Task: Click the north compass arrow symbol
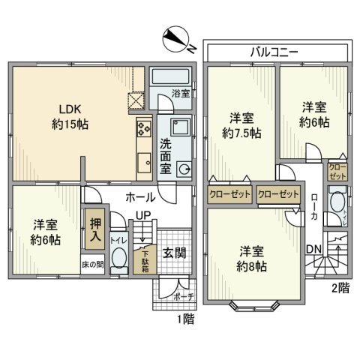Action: [178, 39]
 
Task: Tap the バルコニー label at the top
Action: [275, 52]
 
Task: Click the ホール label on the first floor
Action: [141, 197]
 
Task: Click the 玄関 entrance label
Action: [175, 253]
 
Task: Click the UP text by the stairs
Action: [142, 216]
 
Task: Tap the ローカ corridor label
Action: [313, 207]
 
